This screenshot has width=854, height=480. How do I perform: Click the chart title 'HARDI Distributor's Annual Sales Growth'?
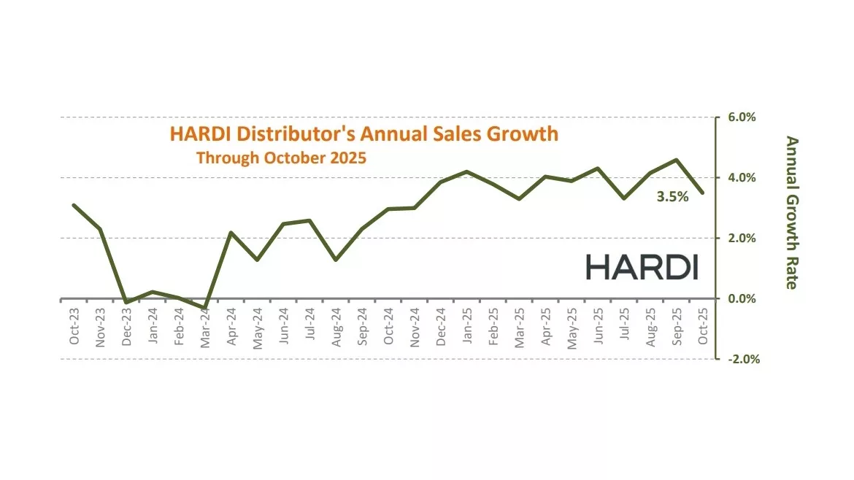click(x=363, y=133)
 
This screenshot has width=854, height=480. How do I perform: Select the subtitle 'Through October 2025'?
click(x=281, y=158)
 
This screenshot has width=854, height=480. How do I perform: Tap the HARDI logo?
click(x=642, y=267)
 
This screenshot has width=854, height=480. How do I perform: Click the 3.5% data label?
click(x=672, y=196)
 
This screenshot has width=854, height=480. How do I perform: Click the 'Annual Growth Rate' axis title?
click(x=791, y=212)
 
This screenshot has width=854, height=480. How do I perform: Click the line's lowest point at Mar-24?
click(x=205, y=308)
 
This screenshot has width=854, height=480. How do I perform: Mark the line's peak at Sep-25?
click(x=677, y=160)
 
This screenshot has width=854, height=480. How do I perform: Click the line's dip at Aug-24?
click(x=336, y=260)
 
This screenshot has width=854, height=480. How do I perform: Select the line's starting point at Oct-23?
click(x=74, y=205)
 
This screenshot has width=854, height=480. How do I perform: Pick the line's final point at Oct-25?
click(x=703, y=193)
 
